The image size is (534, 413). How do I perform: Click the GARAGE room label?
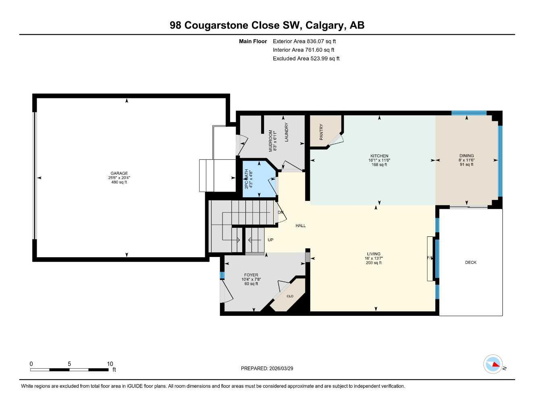[119, 173]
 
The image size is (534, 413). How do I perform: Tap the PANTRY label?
[322, 132]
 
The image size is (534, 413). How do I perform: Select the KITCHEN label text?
[379, 156]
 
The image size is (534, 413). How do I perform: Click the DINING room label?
[467, 156]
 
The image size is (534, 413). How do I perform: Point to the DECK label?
[471, 263]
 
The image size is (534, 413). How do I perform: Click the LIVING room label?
[374, 254]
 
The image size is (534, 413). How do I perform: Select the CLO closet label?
[290, 296]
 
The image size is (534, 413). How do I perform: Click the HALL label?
[301, 226]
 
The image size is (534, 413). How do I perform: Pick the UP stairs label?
[270, 240]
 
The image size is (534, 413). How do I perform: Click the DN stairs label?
[281, 213]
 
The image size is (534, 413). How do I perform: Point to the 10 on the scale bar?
[110, 364]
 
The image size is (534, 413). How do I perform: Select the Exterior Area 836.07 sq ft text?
[304, 41]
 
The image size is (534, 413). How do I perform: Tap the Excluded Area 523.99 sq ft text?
[306, 58]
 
